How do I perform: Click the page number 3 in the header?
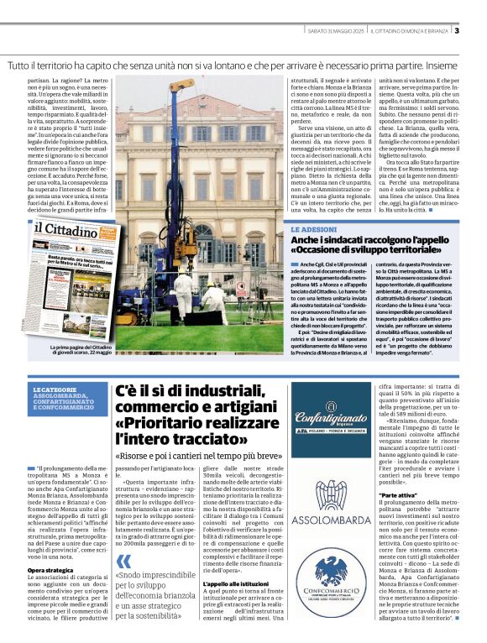(457, 31)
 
